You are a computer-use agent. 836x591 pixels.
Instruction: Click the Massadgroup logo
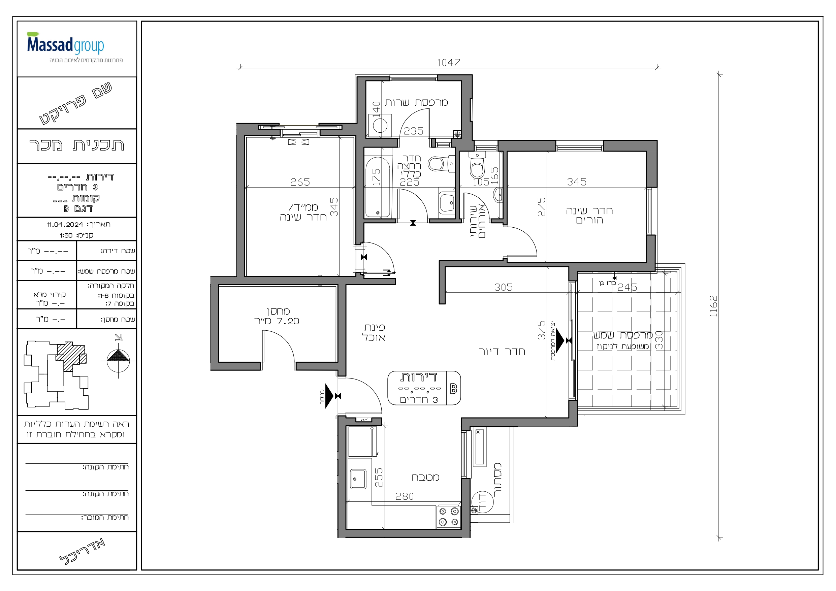[x=66, y=44]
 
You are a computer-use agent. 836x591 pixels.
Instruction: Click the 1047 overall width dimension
[x=448, y=63]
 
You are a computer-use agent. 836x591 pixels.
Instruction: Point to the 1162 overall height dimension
[x=713, y=306]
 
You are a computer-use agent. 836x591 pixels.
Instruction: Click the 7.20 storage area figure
[x=288, y=321]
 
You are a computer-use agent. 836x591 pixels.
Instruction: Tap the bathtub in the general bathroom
[x=378, y=187]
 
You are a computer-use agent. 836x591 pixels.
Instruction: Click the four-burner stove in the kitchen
[x=448, y=516]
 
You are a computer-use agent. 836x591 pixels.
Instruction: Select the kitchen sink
[x=358, y=479]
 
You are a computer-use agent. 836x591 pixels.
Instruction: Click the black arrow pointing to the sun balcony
[x=560, y=340]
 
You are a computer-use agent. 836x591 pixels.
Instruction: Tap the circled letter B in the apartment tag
[x=453, y=389]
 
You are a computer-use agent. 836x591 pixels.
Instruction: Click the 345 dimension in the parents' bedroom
[x=577, y=182]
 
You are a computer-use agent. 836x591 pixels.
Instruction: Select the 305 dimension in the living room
[x=504, y=287]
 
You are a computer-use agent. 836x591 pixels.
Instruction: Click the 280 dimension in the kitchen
[x=405, y=496]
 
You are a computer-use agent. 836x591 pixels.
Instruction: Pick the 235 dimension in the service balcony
[x=414, y=131]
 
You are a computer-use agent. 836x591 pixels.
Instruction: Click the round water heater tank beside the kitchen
[x=482, y=501]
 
